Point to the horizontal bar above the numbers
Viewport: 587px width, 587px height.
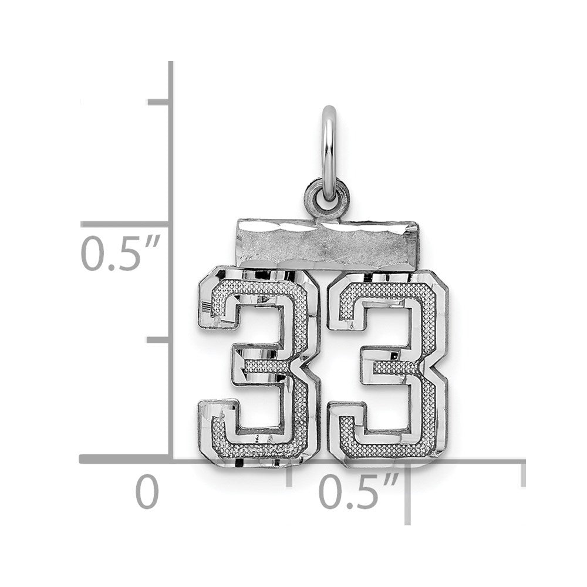[x=328, y=244]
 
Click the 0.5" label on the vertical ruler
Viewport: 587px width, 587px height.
[x=120, y=252]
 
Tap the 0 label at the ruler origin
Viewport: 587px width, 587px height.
[x=147, y=491]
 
